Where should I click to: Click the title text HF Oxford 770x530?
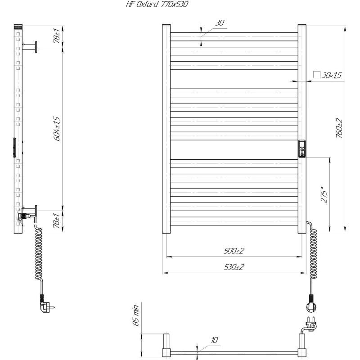point(157,4)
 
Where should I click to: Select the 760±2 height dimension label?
point(339,129)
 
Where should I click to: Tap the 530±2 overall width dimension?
point(234,267)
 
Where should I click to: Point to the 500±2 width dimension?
point(234,251)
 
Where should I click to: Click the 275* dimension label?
point(324,195)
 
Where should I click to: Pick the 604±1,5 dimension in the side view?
point(57,129)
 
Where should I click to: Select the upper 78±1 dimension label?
point(57,36)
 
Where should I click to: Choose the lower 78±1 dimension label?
point(57,220)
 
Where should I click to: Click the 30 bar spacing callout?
point(220,23)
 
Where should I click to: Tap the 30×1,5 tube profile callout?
point(332,75)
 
